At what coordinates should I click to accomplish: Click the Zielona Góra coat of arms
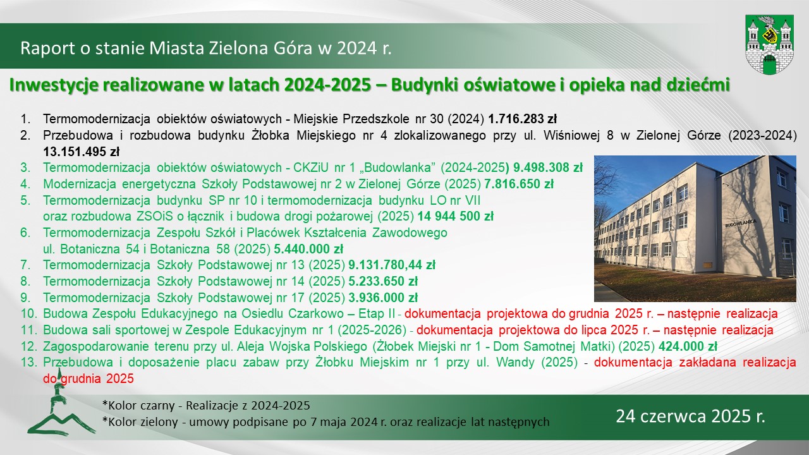click(769, 45)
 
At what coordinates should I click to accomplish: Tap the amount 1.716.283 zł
click(522, 119)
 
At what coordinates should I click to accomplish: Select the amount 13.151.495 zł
click(82, 152)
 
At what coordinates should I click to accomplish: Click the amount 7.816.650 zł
click(519, 184)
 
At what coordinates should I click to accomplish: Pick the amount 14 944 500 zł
click(456, 216)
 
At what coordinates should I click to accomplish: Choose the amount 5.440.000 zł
click(308, 249)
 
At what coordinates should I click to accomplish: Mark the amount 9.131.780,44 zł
click(392, 265)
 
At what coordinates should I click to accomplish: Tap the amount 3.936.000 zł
click(383, 298)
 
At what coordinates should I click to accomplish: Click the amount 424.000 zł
click(688, 346)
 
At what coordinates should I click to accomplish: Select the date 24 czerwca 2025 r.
click(691, 416)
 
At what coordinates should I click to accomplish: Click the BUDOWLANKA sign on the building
click(741, 223)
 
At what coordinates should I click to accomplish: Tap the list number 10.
click(29, 314)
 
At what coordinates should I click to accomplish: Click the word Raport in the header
click(47, 49)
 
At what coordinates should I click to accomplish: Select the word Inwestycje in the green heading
click(54, 85)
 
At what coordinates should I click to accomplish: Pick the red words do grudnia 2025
click(88, 379)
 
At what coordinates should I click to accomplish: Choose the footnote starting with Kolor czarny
click(206, 406)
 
